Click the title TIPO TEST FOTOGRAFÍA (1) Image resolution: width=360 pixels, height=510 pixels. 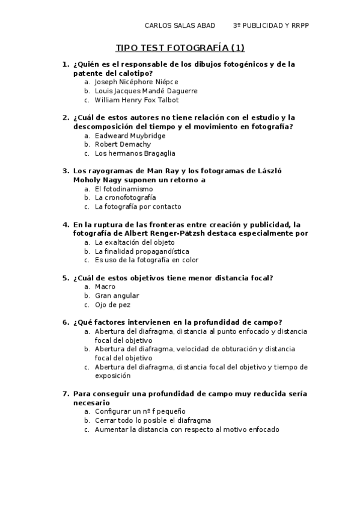click(180, 48)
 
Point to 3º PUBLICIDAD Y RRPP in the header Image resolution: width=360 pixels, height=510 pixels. click(270, 26)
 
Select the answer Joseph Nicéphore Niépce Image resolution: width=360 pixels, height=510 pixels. click(136, 82)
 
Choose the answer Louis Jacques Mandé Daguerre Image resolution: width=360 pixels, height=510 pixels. click(146, 91)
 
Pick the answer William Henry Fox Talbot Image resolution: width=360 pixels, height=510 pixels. click(136, 100)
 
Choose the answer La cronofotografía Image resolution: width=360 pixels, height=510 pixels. click(125, 197)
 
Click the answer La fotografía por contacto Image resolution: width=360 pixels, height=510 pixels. click(138, 206)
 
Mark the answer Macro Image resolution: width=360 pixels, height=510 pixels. click(105, 287)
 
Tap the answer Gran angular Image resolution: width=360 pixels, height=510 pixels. click(117, 296)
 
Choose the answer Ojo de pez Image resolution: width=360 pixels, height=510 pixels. click(112, 305)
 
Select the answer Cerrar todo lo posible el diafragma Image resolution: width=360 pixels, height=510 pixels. click(153, 421)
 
